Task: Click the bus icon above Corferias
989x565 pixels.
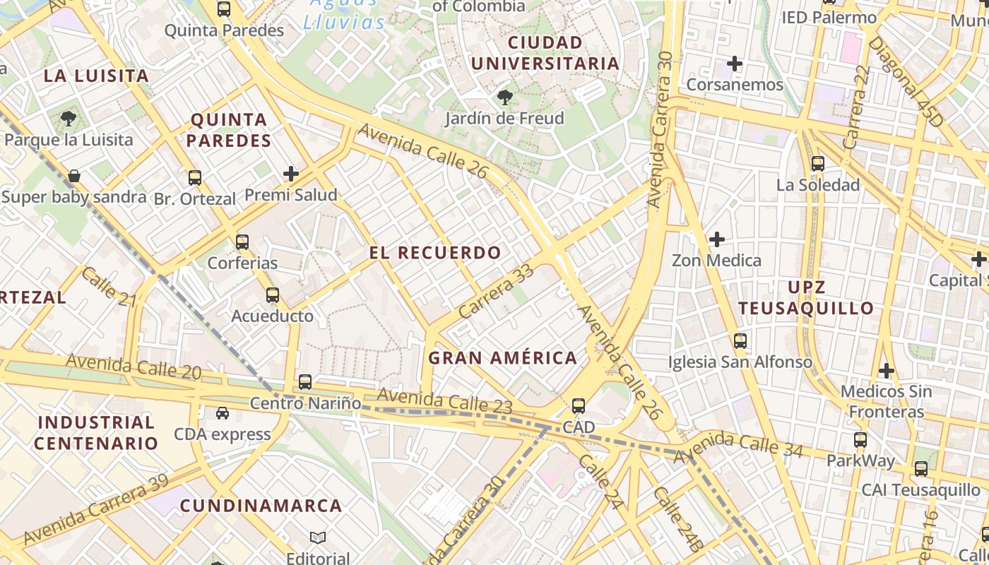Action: (242, 242)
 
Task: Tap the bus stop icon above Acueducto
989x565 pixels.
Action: (273, 295)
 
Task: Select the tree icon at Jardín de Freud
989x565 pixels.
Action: (504, 97)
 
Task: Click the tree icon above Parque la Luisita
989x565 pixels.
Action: (69, 119)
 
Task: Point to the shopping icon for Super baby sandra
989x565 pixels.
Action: (74, 176)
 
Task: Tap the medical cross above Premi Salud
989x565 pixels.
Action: (290, 174)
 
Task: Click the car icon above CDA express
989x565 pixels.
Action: (223, 413)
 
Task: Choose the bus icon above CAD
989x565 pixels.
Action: (579, 406)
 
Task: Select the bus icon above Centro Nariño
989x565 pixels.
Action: (305, 382)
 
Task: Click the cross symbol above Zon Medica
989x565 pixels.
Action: (716, 239)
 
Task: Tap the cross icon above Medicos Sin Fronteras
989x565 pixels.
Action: (886, 370)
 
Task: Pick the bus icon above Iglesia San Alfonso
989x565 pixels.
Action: (740, 341)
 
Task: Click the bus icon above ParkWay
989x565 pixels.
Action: (860, 440)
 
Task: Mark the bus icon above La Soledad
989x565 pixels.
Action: (818, 164)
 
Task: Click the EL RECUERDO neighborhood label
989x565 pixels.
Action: (435, 253)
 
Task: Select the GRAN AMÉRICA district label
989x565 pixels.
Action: (503, 358)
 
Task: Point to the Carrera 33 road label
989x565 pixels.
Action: (495, 292)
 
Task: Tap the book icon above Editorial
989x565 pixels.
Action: (318, 538)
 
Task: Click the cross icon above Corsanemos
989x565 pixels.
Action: (735, 64)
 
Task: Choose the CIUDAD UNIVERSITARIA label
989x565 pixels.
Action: (545, 53)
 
